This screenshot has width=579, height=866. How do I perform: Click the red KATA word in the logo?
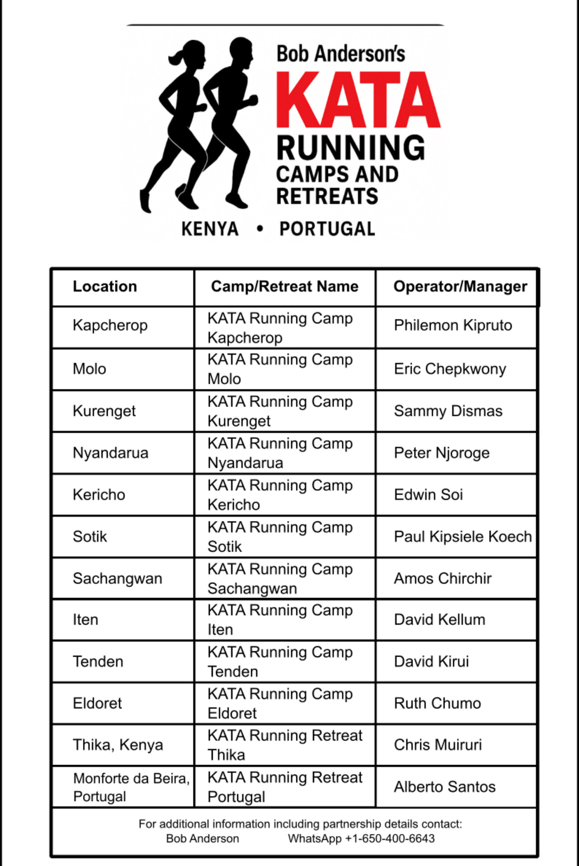coord(358,99)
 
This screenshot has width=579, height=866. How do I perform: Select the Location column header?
coord(105,286)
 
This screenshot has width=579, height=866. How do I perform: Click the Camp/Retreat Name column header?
coord(285,286)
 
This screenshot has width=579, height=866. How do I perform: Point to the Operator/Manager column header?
coord(460,286)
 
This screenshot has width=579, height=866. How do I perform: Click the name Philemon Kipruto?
coord(453,325)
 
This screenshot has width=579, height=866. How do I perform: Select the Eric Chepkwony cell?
coord(450,369)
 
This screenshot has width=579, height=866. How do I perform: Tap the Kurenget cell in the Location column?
coord(104,411)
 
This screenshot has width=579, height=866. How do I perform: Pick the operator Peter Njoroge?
coord(441,453)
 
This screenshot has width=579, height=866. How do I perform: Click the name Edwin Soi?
coord(428,495)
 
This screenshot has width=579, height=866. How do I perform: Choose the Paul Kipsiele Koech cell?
coord(463,537)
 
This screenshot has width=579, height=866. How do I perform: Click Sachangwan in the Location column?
coord(117,579)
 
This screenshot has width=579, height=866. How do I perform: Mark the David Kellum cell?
coord(439,620)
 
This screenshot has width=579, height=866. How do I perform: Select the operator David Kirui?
coord(431,662)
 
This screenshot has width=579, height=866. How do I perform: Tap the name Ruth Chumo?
coord(437,703)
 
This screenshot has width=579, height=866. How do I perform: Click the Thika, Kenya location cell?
coord(118,745)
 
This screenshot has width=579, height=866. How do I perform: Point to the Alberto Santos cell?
coord(445,787)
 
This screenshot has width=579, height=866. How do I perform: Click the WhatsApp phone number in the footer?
coord(390,838)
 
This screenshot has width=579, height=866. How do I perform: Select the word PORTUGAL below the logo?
coord(327,229)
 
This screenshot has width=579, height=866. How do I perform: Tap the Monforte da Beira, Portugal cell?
coord(131,787)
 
